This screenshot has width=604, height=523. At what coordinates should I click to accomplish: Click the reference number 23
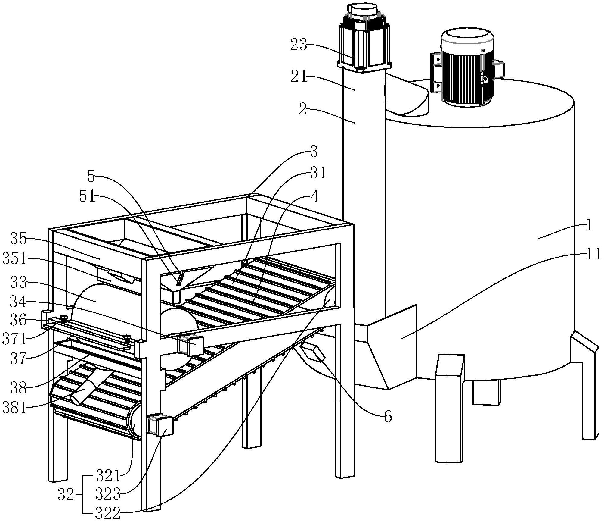[299, 45]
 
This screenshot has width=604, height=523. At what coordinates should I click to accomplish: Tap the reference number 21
[299, 77]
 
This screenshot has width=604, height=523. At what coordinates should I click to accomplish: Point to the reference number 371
[15, 340]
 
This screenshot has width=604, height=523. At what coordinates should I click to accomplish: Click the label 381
[15, 408]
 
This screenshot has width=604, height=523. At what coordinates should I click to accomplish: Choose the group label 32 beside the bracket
[66, 495]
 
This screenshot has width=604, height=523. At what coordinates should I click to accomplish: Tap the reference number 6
[388, 417]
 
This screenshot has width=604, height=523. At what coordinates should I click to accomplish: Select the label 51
[87, 197]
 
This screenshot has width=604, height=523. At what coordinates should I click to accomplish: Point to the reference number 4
[314, 198]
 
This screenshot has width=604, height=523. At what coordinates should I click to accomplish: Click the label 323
[108, 494]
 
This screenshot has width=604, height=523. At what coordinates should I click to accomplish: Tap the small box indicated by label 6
[312, 352]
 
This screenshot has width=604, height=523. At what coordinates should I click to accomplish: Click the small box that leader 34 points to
[191, 344]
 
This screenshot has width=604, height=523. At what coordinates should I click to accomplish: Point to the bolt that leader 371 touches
[64, 318]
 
